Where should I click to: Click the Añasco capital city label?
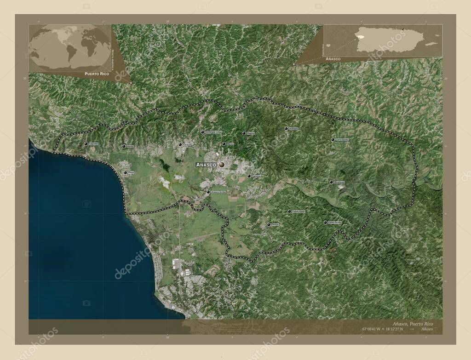point(206,165)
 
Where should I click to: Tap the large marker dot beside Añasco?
point(222,164)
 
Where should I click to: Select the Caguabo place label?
point(93,144)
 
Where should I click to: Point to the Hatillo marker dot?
point(124,146)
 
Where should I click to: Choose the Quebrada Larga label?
point(213,132)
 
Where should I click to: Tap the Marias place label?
point(230,144)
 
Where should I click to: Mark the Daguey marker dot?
point(244,133)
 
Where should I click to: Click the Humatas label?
point(293,129)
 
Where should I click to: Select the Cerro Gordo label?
point(342,140)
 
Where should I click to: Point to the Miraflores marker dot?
point(331,182)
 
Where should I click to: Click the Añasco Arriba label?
point(218,192)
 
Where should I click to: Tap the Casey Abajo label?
point(299,211)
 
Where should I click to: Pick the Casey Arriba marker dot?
point(325,223)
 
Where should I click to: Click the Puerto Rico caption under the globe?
point(97,74)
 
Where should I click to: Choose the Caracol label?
point(187,144)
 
